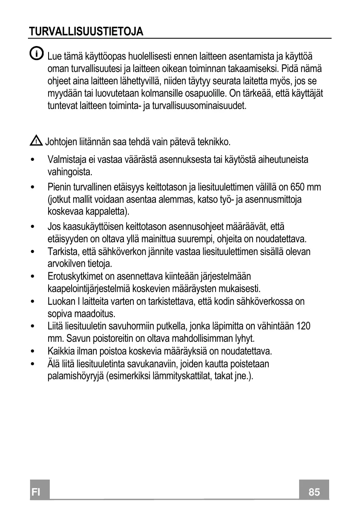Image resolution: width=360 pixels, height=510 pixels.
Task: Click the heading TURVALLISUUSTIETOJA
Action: tap(86, 32)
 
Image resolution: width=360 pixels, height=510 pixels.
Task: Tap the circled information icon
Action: tap(36, 53)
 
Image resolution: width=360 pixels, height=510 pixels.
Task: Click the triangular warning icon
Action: tap(36, 141)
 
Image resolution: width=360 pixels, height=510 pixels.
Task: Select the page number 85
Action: tap(314, 491)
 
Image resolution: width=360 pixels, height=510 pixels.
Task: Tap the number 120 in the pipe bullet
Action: tap(303, 326)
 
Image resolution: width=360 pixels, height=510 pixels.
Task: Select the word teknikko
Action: tap(214, 142)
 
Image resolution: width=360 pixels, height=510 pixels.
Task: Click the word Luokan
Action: tap(59, 301)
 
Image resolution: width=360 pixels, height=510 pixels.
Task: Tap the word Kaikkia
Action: tap(59, 352)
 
